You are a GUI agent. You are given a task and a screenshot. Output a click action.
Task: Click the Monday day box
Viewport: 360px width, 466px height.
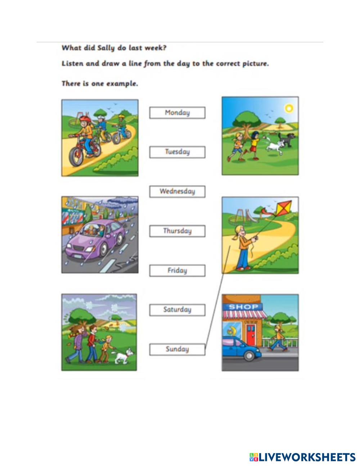click(177, 113)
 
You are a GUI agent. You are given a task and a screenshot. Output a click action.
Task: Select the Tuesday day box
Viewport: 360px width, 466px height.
click(177, 152)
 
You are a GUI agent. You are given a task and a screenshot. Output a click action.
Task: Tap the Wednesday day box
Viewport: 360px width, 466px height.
click(177, 192)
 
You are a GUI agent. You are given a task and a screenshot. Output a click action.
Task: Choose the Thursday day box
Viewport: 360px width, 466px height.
click(177, 231)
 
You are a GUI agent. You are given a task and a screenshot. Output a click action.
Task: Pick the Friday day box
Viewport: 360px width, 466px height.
click(177, 271)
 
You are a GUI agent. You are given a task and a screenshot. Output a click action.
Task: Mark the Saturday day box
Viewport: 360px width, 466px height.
click(177, 310)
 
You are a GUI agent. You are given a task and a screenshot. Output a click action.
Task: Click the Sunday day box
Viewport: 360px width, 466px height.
click(177, 349)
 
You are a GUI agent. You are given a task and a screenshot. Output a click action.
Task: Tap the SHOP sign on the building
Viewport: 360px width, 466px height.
click(243, 307)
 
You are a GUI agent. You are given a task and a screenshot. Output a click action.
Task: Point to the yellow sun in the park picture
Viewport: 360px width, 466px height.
click(289, 108)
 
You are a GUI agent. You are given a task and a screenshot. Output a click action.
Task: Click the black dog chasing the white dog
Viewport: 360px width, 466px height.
click(289, 139)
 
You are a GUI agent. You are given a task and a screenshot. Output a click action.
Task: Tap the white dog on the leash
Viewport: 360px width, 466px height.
click(123, 356)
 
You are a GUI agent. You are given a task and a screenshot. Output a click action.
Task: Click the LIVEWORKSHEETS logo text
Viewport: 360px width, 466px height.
click(307, 457)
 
